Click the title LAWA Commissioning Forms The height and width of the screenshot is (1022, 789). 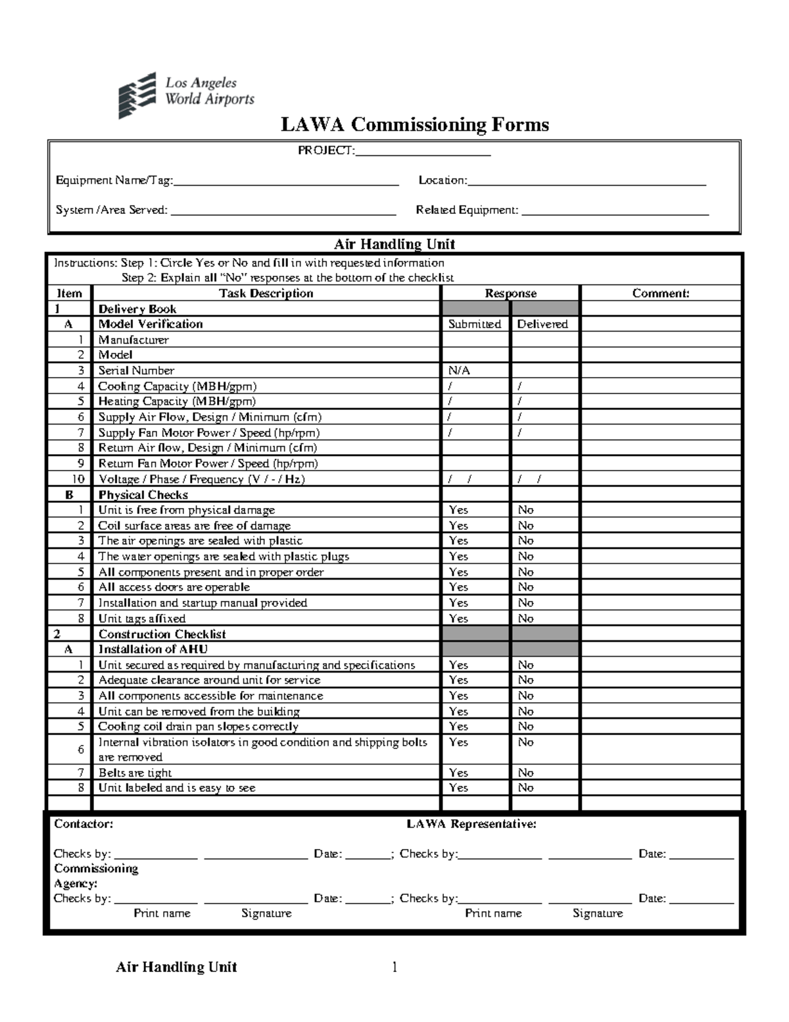pos(415,124)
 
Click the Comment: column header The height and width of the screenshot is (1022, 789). pos(661,294)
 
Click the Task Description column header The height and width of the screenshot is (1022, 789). pos(266,294)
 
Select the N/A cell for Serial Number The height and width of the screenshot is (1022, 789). pos(459,370)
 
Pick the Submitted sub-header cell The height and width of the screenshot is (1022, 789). pos(475,324)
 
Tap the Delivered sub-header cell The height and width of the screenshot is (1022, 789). pos(542,324)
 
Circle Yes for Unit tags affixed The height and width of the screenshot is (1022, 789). pos(458,619)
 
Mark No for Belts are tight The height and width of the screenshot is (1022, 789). pos(525,773)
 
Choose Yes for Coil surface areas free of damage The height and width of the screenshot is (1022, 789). pos(458,526)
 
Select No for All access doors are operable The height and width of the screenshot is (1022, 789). pos(525,587)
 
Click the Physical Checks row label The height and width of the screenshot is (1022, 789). pos(143,495)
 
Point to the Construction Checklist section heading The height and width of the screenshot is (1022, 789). pos(162,634)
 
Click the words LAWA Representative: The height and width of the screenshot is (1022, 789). pos(471,824)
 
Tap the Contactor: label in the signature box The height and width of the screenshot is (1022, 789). pos(84,824)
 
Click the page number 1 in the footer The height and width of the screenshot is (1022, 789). pos(394,967)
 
